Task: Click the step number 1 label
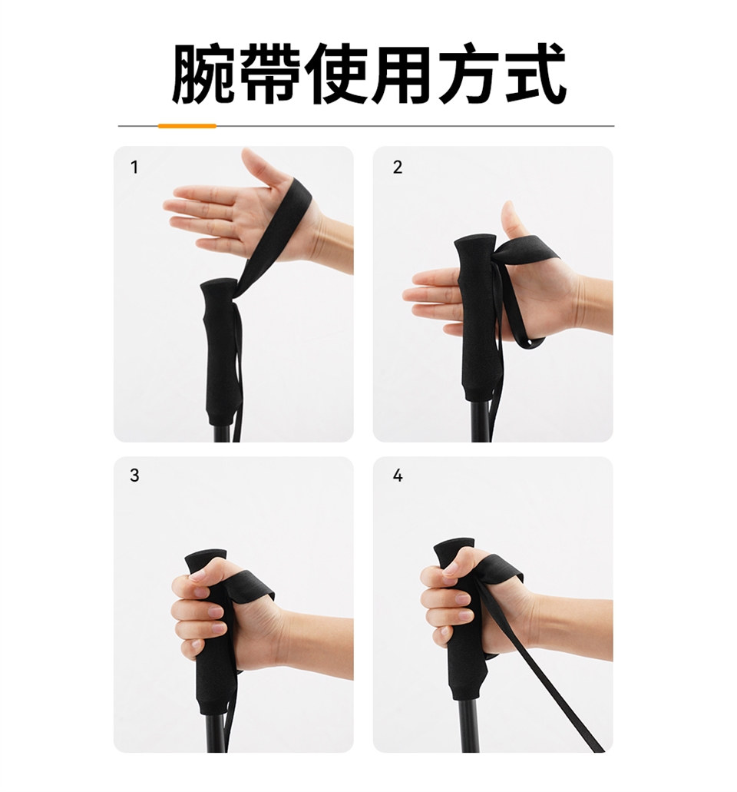[134, 167]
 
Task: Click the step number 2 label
[397, 167]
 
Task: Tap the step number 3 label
[134, 476]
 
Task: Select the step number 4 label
[397, 476]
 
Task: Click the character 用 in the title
[402, 74]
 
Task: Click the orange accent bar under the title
[187, 126]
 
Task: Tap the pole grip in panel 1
[220, 349]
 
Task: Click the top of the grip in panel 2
[474, 240]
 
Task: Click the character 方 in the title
[469, 74]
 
